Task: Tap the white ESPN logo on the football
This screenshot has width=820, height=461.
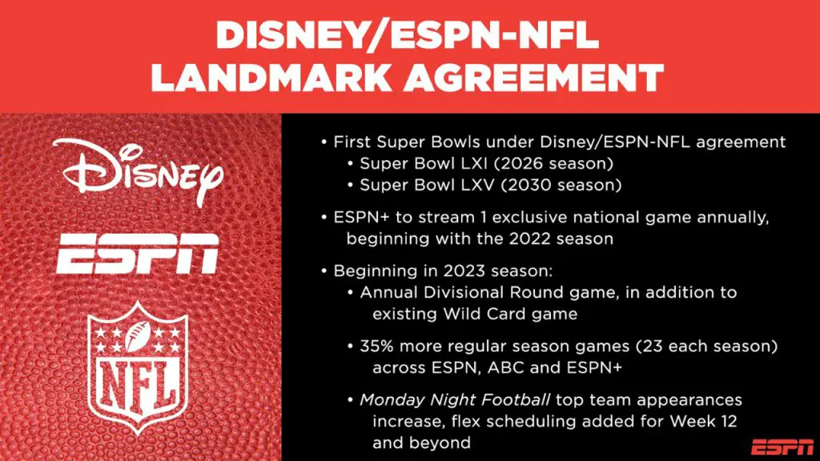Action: [x=138, y=254]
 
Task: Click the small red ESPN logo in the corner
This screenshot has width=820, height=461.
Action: [x=782, y=447]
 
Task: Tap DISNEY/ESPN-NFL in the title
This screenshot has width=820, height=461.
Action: [x=408, y=36]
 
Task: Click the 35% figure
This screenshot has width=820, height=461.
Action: [x=378, y=347]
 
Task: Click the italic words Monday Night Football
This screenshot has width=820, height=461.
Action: [x=455, y=400]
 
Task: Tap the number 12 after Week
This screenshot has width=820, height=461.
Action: [x=727, y=422]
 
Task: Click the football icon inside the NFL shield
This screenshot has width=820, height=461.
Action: [x=138, y=335]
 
